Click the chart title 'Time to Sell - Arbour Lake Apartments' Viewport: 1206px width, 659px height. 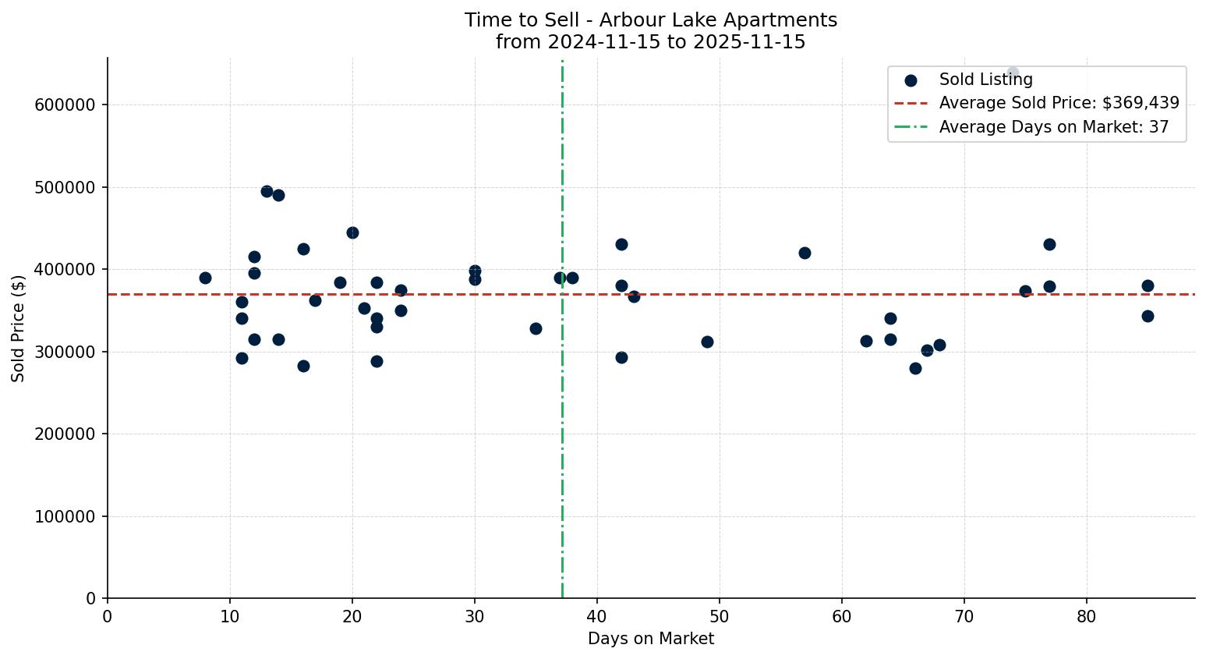(650, 20)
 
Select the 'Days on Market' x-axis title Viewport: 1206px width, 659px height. (650, 639)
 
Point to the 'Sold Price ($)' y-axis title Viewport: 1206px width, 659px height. (18, 328)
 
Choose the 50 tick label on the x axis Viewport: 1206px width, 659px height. (720, 617)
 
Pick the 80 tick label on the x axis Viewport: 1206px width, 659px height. (1087, 617)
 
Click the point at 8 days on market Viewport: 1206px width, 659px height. (205, 278)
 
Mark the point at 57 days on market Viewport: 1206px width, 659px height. (805, 253)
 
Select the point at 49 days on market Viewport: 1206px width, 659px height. (707, 342)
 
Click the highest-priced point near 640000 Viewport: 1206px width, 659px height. (1013, 73)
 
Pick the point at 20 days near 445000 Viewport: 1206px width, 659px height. (352, 232)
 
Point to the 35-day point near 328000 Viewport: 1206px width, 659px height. (536, 328)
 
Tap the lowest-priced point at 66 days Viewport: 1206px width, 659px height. (915, 368)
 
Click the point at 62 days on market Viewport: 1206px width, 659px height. (866, 341)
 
